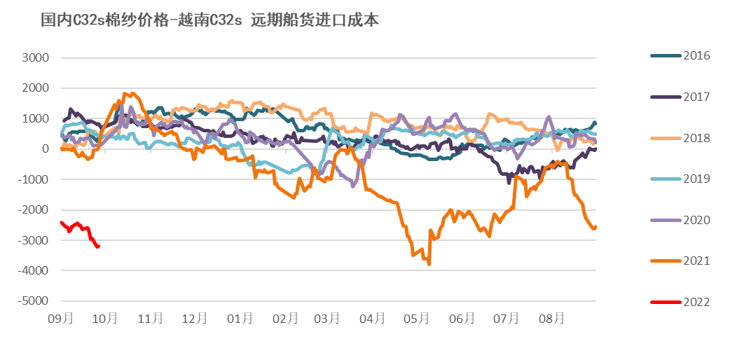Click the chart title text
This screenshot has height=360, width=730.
tap(210, 20)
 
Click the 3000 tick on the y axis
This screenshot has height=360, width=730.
tap(36, 58)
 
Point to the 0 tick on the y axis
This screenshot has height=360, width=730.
tap(45, 149)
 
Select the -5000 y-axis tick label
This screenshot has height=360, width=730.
tap(34, 301)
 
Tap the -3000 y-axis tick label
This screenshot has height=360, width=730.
tap(34, 240)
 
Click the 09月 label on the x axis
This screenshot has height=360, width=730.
tap(61, 319)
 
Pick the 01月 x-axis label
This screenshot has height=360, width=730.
tap(240, 319)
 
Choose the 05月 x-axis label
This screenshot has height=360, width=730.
tap(418, 319)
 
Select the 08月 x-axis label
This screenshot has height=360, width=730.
tap(551, 319)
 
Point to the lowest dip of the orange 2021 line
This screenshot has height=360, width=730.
tap(429, 263)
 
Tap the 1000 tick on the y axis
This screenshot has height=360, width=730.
tap(36, 119)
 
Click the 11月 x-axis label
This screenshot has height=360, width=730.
tap(151, 319)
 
